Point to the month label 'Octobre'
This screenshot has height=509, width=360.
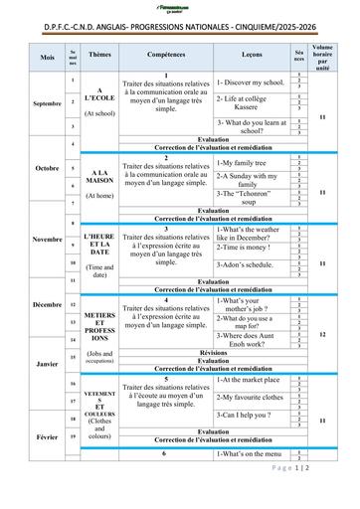point(48,167)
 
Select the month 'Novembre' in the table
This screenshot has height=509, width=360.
point(48,240)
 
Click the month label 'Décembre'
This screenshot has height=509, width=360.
point(48,303)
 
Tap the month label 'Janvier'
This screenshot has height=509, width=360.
point(47,364)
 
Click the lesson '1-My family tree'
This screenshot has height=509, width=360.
point(242,161)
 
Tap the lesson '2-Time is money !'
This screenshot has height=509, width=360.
point(244,247)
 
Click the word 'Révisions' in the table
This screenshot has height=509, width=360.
point(213,352)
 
